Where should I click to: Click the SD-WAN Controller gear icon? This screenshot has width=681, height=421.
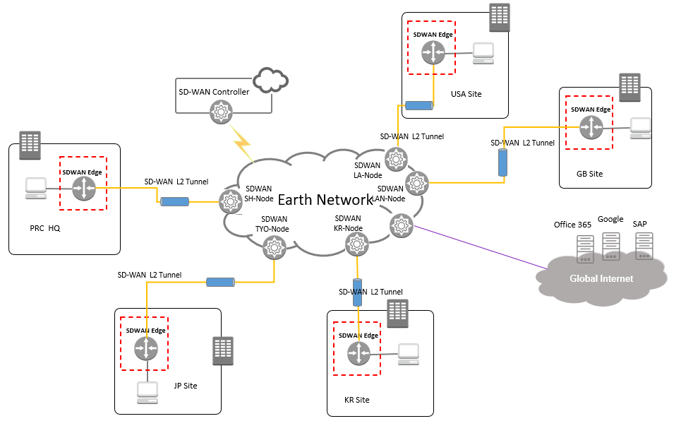pos(222,112)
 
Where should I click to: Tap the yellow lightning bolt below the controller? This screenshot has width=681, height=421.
pos(242,143)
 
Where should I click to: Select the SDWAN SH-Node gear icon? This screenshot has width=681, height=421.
pos(230,202)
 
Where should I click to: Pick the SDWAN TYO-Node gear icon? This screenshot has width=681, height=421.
pos(272,247)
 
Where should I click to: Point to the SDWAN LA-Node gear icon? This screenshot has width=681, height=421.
pos(394,160)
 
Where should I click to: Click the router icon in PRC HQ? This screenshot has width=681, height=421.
pos(84,188)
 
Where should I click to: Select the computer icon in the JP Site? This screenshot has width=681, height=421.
pos(147,393)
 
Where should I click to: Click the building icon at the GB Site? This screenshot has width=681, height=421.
pos(629,87)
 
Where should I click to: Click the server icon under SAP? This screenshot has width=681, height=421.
pos(643,246)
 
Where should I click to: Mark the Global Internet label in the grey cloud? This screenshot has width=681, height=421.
pos(601,278)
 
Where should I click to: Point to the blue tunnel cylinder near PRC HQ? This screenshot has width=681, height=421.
pos(174,202)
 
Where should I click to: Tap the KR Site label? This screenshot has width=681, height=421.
pos(356,400)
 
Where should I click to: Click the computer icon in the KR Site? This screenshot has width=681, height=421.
pos(408,353)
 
